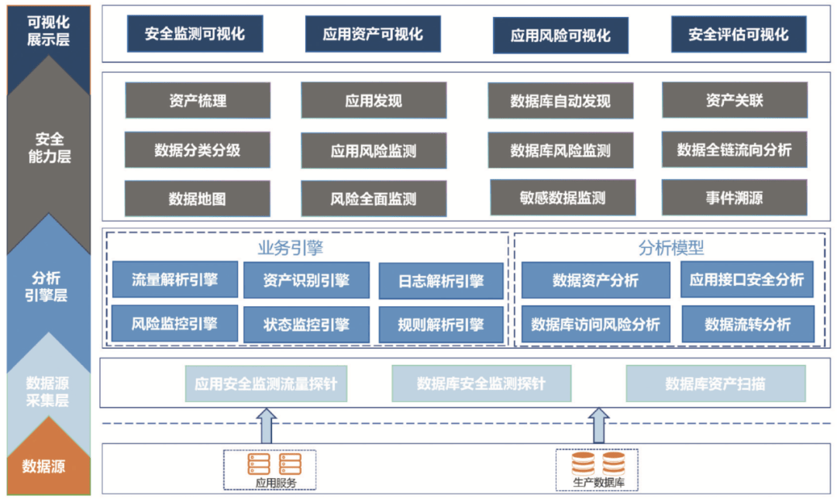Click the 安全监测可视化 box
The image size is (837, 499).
pos(195,33)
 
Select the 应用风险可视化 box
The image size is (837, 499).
pos(560,35)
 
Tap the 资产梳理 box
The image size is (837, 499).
pos(198,100)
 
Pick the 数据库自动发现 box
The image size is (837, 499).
pos(560,100)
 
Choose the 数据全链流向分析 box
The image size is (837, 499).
pos(734,150)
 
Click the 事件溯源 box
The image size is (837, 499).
pos(734,198)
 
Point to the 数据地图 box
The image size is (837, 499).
pos(197,198)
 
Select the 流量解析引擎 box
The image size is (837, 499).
pos(174,279)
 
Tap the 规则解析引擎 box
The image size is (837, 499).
pos(441,325)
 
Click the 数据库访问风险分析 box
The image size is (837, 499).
pos(596,324)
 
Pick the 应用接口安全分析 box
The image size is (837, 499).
pos(747,279)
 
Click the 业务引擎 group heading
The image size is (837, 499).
pos(291,248)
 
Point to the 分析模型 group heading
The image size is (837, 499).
pos(671,248)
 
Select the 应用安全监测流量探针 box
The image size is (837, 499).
pos(266,384)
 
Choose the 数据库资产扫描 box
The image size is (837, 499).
pos(715,384)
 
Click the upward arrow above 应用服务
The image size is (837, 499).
pos(266,426)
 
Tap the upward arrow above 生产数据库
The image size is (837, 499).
pos(598,426)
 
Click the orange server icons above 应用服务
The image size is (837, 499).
pos(274,464)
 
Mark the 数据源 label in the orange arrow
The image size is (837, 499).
pos(43,466)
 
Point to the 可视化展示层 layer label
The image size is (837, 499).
pos(48,30)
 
